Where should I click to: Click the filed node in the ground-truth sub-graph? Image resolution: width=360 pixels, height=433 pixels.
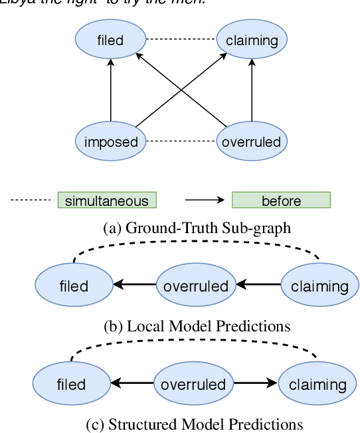tap(110, 40)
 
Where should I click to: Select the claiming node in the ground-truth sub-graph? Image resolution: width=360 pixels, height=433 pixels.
tap(252, 40)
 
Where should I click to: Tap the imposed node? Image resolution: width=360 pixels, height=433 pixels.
tap(110, 141)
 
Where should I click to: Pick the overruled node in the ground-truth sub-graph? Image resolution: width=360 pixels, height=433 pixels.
tap(252, 141)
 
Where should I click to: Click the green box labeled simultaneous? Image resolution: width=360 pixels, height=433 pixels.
tap(107, 201)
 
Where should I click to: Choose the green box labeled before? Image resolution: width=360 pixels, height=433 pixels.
tap(281, 201)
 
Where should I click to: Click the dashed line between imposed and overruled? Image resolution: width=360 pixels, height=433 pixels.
tap(181, 141)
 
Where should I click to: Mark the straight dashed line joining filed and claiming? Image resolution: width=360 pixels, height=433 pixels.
tap(181, 40)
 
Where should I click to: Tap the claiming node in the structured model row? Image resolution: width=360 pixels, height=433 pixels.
tap(312, 384)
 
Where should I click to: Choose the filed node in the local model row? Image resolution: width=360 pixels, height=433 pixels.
tap(73, 286)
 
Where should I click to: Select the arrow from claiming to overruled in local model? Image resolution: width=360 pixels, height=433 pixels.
tap(259, 286)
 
